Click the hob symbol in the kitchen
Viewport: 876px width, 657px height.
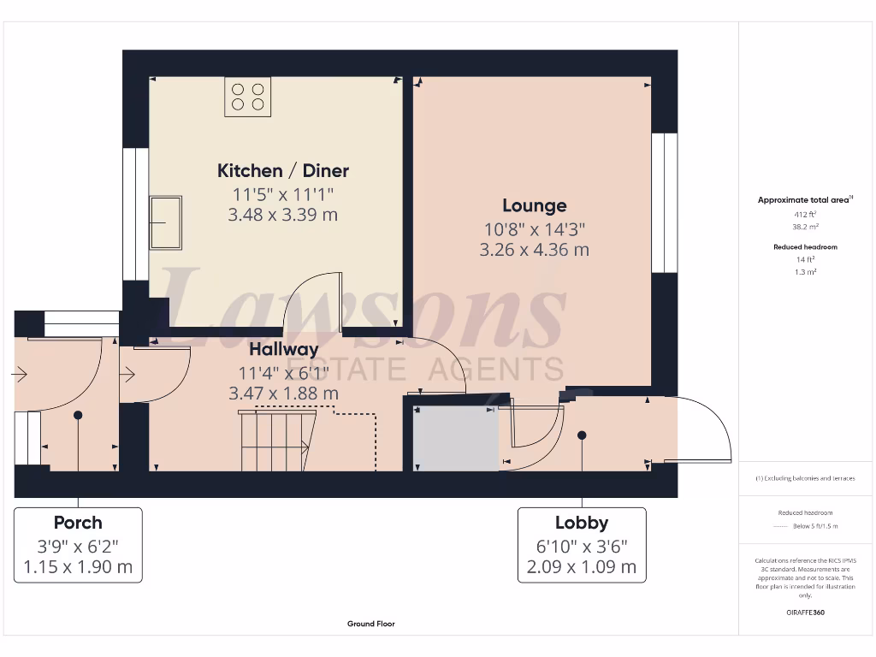248,97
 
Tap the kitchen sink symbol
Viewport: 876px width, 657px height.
165,222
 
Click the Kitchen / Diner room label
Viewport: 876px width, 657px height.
282,170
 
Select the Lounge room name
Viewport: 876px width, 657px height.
534,205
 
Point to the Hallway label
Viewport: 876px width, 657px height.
283,349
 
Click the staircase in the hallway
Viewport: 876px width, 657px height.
274,441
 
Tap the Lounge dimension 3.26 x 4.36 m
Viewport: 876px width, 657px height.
534,250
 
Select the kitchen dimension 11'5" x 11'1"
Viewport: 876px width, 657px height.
282,193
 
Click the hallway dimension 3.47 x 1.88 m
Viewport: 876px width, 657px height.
283,394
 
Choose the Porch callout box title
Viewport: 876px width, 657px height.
78,522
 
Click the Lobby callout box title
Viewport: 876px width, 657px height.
581,523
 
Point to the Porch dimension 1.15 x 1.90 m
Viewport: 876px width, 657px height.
78,566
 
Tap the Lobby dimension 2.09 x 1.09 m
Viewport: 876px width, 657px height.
581,566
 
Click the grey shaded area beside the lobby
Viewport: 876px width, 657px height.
455,437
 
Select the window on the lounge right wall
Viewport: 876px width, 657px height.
664,203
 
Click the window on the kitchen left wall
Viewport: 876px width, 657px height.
135,214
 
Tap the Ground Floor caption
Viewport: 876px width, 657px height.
370,624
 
